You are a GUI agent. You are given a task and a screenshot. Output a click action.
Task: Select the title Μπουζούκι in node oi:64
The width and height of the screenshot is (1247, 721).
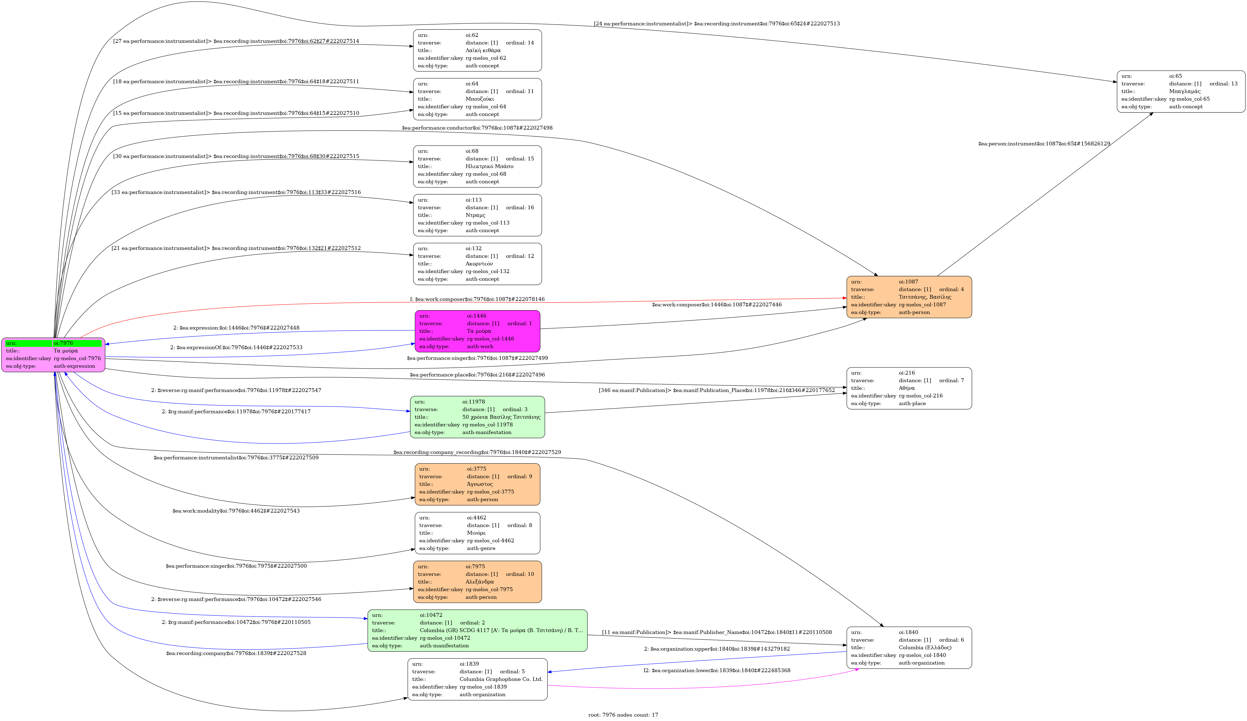tap(480, 99)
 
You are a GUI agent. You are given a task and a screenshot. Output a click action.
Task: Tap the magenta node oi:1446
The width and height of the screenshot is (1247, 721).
tap(477, 331)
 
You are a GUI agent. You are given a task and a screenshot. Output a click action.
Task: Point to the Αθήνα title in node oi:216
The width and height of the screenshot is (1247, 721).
tap(907, 388)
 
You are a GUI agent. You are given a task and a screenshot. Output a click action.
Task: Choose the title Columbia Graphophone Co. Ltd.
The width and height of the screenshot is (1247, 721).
tap(501, 679)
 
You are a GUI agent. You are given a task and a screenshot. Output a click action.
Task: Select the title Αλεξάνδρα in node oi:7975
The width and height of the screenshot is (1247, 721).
tap(480, 581)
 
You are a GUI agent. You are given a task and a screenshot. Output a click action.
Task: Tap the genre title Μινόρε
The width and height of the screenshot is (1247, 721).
tap(476, 533)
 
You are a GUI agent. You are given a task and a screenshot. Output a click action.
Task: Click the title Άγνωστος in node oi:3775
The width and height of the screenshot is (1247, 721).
tap(480, 484)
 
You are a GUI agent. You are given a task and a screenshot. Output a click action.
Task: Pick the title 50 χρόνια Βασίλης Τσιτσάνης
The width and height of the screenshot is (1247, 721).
tap(501, 417)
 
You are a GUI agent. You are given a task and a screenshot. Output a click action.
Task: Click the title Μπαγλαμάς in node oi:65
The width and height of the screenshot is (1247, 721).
tap(1185, 91)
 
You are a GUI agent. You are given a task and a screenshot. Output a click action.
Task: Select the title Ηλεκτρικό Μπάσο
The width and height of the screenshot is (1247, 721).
tap(489, 166)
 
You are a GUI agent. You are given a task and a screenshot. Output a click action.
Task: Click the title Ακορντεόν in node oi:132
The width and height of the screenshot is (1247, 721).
tap(479, 264)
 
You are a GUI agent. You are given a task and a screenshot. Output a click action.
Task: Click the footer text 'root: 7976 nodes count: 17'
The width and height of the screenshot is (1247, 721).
tap(623, 714)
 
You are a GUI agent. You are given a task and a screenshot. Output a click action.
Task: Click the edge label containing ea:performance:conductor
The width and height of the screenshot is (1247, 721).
tap(477, 128)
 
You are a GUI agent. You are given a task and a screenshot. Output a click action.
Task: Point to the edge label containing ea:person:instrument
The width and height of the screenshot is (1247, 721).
tap(1044, 143)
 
